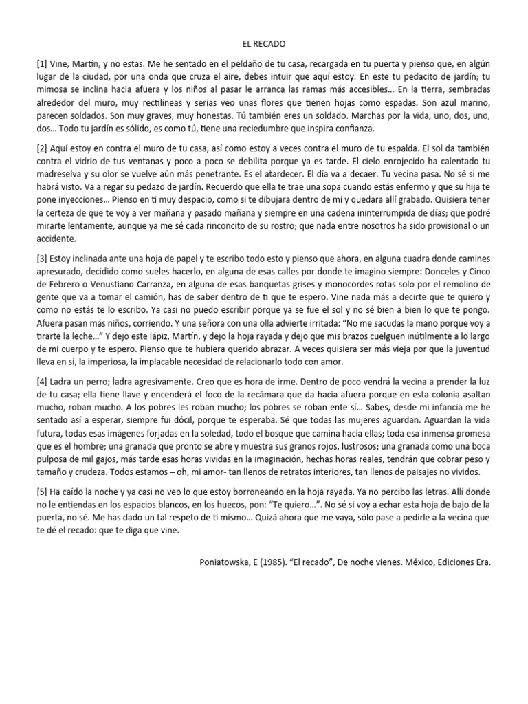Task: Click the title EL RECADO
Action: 264,43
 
